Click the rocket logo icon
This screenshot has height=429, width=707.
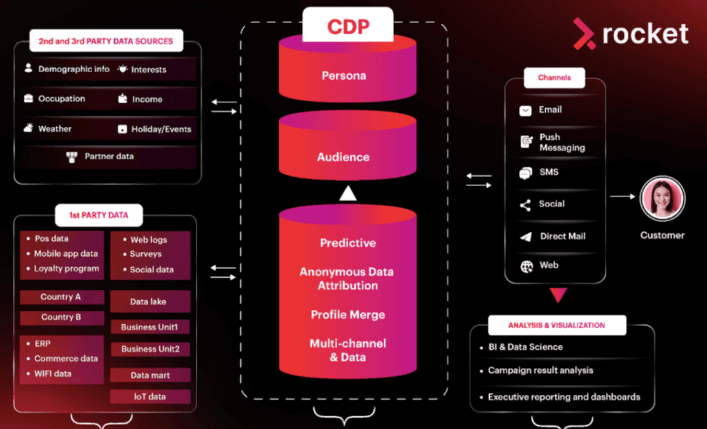pyautogui.click(x=584, y=34)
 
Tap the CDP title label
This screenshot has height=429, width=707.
pyautogui.click(x=348, y=27)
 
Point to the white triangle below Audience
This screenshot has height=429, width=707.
pyautogui.click(x=348, y=194)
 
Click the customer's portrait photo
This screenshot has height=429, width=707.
pyautogui.click(x=662, y=199)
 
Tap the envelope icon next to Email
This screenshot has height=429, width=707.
pyautogui.click(x=526, y=111)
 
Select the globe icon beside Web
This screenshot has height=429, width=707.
pyautogui.click(x=526, y=266)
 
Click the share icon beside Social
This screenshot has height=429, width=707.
pyautogui.click(x=525, y=204)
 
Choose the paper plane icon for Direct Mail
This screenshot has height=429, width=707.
pyautogui.click(x=526, y=237)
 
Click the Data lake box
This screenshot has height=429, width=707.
pyautogui.click(x=148, y=302)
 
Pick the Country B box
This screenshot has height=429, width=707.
pyautogui.click(x=61, y=318)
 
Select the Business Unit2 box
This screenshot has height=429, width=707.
pyautogui.click(x=150, y=349)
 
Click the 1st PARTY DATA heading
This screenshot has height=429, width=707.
pyautogui.click(x=99, y=216)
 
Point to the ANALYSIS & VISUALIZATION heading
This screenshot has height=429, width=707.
pyautogui.click(x=556, y=325)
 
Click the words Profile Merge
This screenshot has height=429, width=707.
pyautogui.click(x=348, y=315)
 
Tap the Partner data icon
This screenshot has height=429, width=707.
pyautogui.click(x=72, y=157)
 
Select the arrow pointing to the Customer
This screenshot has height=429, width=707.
pyautogui.click(x=622, y=196)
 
